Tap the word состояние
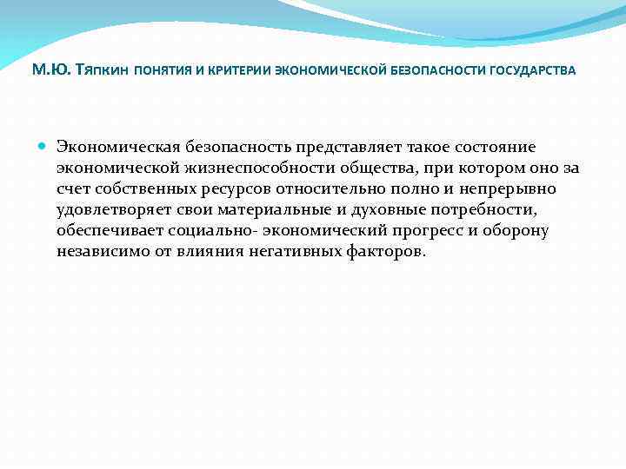pyautogui.click(x=510, y=146)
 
